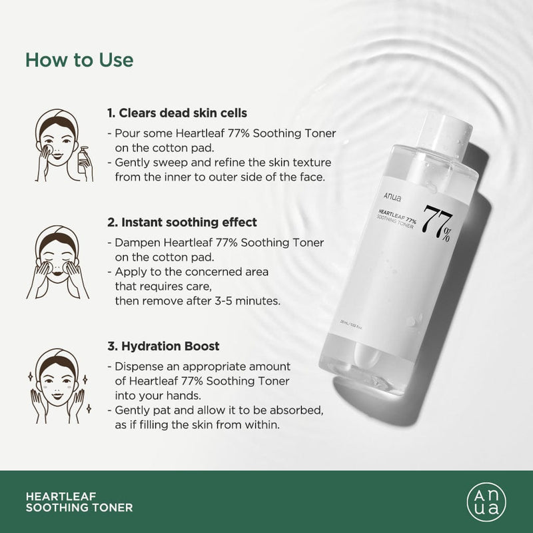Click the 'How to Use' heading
79,59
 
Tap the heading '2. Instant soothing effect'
181,222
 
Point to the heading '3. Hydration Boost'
163,346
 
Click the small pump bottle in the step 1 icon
85,160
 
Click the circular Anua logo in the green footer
481,501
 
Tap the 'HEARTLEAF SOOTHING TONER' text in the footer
79,502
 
